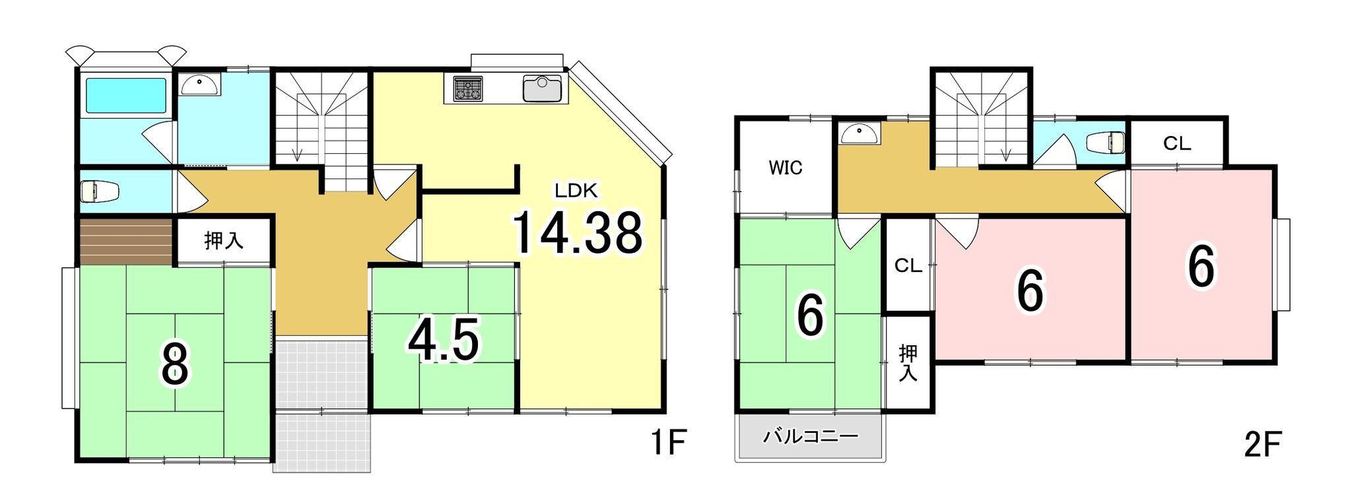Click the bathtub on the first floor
click(x=126, y=95)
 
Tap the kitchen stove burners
click(x=468, y=89)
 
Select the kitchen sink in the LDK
click(x=542, y=88)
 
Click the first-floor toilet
click(x=100, y=191)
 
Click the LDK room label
click(x=576, y=191)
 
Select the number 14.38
click(x=578, y=232)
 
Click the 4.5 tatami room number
click(x=444, y=340)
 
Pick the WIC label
click(x=786, y=168)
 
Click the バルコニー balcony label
click(x=811, y=436)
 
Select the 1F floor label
click(x=669, y=443)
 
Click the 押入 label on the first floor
click(x=224, y=240)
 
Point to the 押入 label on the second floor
click(x=908, y=362)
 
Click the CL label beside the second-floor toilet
click(x=1177, y=143)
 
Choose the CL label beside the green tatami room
click(x=908, y=265)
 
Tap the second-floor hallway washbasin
click(x=860, y=133)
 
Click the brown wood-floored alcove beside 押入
click(x=126, y=242)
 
